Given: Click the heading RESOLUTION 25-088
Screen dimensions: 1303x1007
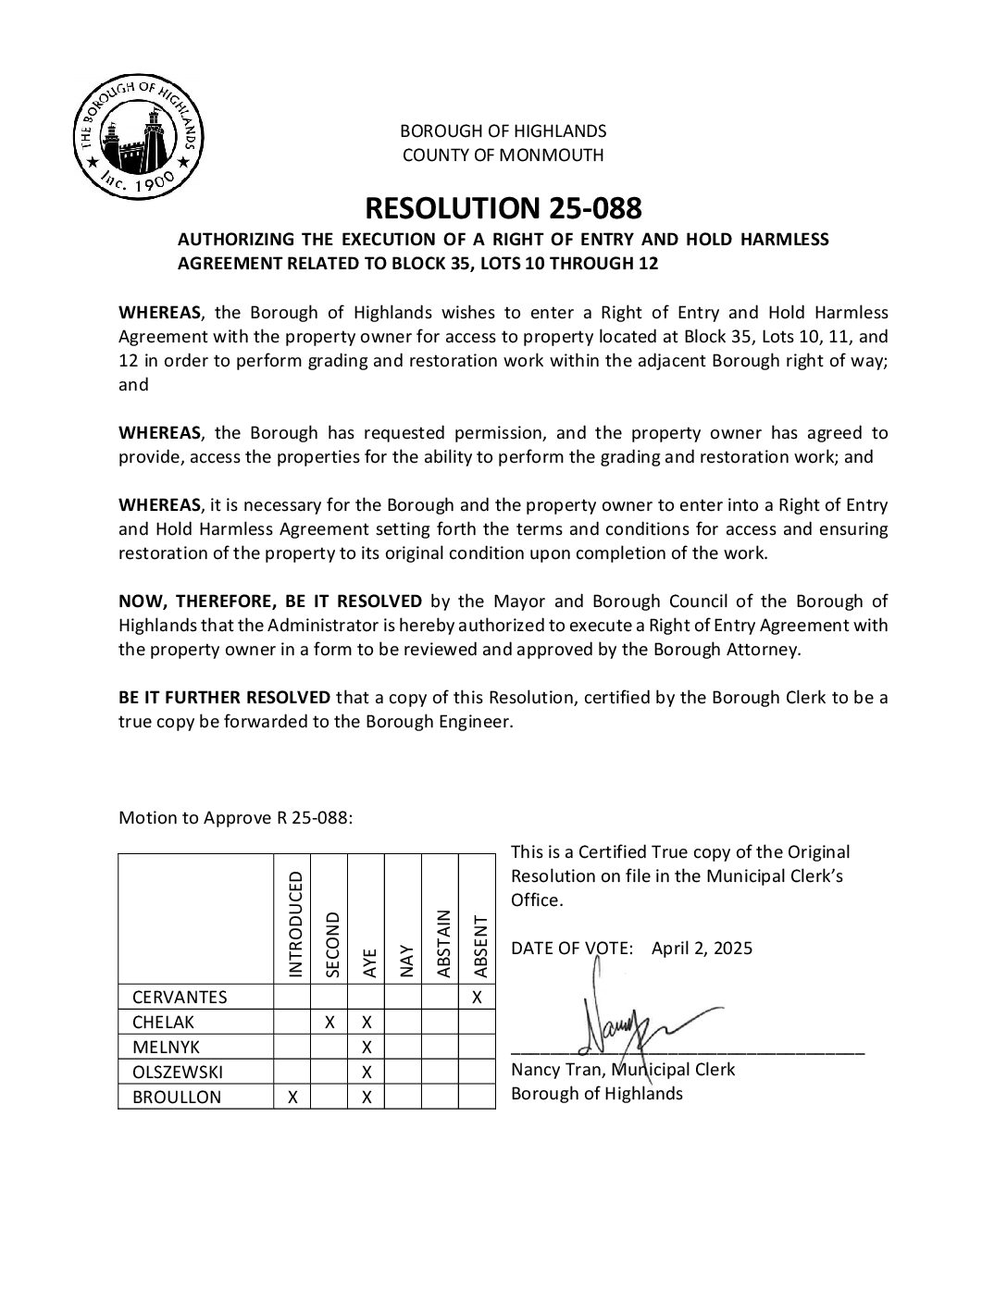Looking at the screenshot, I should pos(503,206).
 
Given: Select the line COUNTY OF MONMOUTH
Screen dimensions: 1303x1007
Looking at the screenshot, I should pos(503,155).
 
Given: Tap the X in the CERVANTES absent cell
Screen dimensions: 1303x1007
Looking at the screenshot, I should pos(477,998).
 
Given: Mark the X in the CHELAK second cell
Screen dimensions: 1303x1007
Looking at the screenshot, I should pos(329,1023).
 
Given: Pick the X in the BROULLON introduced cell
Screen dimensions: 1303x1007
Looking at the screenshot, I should pos(292,1098).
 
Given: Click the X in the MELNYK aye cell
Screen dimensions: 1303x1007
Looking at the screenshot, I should pos(367,1048).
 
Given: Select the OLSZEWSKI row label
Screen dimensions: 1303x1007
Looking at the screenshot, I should pos(178,1073).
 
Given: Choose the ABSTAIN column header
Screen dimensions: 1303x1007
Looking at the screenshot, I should pos(442,943).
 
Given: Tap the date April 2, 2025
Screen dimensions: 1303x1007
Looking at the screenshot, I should pos(702,949).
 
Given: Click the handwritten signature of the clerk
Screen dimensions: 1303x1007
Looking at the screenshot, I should pos(639,1023).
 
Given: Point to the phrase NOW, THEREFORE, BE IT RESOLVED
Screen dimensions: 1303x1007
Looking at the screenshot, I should pos(270,602).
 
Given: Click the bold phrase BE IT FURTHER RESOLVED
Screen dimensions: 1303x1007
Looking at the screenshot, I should pos(224,697).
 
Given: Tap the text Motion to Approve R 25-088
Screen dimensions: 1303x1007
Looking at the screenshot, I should pos(236,819).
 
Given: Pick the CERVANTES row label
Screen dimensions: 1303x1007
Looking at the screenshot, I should pos(180,998).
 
